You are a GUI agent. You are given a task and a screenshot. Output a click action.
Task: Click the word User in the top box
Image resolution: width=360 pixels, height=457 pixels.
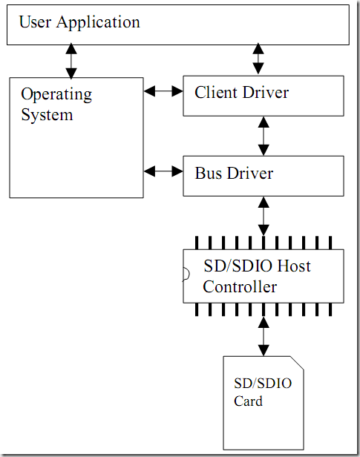click(x=35, y=22)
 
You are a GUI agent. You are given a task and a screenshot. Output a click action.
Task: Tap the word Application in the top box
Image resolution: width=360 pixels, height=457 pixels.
click(x=98, y=23)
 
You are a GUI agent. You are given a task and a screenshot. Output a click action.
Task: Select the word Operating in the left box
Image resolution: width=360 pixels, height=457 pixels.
click(x=56, y=95)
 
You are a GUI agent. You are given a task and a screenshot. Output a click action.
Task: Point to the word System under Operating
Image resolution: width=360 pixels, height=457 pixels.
click(x=47, y=115)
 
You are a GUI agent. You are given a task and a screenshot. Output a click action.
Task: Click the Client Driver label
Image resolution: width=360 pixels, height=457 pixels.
click(x=242, y=93)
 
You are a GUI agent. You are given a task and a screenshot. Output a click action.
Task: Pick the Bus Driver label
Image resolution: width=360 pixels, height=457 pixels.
click(x=234, y=173)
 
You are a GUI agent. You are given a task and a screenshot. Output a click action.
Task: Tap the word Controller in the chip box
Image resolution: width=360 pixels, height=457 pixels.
click(x=240, y=287)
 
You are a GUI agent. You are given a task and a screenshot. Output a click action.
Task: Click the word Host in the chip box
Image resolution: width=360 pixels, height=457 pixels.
click(x=293, y=266)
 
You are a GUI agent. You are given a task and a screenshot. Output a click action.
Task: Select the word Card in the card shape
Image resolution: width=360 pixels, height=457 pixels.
click(x=248, y=401)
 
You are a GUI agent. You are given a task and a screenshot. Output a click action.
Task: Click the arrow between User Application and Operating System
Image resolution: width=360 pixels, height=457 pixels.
click(x=71, y=61)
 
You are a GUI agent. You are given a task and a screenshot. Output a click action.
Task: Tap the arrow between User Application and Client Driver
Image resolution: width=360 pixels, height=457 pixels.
click(x=258, y=59)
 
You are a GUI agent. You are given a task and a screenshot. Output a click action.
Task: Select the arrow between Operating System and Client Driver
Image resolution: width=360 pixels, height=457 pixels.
click(x=163, y=91)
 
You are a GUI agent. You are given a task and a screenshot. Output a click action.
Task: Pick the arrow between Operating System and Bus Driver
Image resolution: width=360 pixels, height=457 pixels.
click(x=163, y=171)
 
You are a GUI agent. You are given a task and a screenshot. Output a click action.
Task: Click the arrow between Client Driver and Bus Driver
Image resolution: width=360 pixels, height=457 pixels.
click(x=264, y=136)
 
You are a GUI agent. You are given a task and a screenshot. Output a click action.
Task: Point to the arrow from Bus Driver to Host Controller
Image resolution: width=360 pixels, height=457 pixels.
click(x=264, y=216)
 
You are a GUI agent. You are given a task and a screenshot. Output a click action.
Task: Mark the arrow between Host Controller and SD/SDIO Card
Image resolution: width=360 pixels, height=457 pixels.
click(x=264, y=336)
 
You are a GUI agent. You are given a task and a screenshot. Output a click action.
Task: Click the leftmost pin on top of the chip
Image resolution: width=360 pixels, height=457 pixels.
click(x=197, y=243)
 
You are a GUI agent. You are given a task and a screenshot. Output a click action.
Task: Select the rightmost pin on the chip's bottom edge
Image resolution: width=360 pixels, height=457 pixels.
click(x=330, y=309)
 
